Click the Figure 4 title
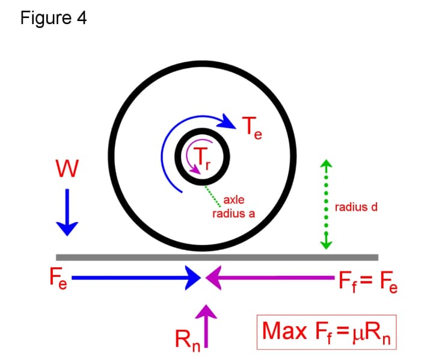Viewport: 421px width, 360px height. pos(53,18)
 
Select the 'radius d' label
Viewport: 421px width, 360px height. pos(356,208)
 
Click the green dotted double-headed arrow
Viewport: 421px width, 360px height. pos(326,205)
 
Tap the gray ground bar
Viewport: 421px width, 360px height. pos(217,257)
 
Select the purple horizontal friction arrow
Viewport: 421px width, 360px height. pos(271,278)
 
